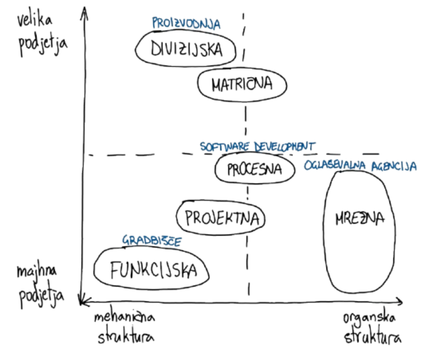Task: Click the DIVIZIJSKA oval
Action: click(186, 49)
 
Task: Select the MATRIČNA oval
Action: click(242, 84)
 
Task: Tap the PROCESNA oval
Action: click(255, 169)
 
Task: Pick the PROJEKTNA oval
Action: click(221, 217)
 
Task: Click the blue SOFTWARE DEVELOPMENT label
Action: click(258, 146)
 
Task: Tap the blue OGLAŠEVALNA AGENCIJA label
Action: click(360, 166)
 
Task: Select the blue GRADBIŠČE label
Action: click(152, 240)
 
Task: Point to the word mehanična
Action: click(125, 318)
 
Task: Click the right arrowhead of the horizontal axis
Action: click(400, 300)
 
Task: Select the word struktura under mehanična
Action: click(126, 337)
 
